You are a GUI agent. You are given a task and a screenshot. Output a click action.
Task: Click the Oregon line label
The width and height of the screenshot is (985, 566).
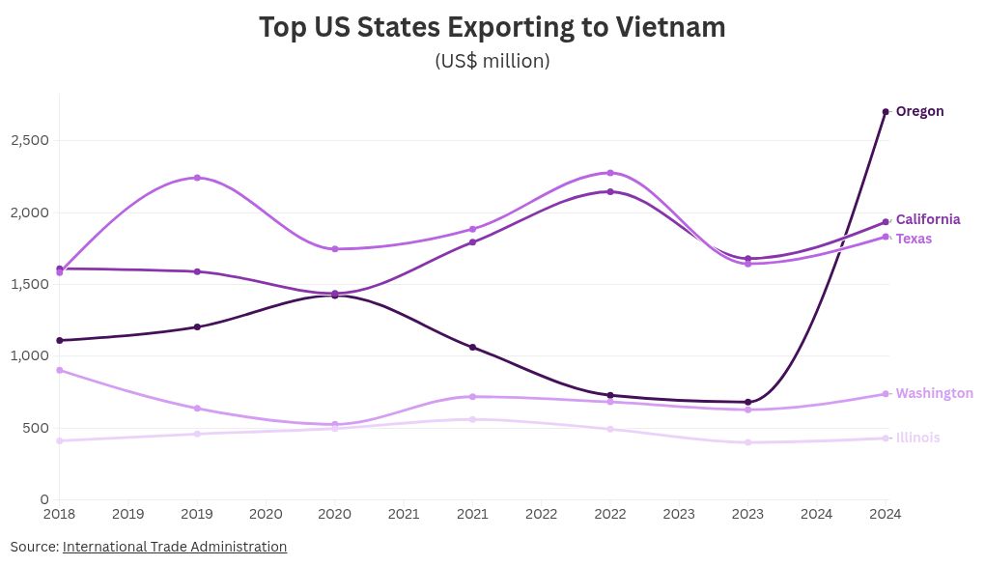[919, 111]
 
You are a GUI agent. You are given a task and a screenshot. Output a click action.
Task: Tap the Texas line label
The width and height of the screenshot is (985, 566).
[914, 239]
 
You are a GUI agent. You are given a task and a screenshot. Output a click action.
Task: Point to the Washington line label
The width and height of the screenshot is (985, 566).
[934, 393]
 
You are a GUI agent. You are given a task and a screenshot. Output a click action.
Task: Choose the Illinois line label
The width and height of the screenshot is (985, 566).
[917, 438]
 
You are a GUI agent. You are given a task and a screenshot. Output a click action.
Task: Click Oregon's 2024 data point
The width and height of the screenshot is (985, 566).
[886, 112]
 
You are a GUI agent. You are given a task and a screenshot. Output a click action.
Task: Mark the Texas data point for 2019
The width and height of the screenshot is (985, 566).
[197, 178]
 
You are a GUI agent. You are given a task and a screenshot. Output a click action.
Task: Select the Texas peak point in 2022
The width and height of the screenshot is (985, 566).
[610, 173]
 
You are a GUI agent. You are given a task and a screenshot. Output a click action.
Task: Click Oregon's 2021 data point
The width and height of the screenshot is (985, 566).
[472, 347]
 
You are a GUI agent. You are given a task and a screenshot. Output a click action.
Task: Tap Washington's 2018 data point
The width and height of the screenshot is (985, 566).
[60, 370]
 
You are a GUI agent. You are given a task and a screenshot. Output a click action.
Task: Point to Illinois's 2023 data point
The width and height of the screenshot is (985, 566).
[747, 442]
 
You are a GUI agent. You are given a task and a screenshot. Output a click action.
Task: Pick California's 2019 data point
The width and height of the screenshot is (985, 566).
[197, 271]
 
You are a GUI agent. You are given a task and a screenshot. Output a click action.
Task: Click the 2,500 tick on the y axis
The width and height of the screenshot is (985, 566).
[30, 141]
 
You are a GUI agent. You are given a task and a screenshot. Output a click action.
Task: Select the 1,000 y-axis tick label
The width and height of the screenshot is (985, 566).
[30, 355]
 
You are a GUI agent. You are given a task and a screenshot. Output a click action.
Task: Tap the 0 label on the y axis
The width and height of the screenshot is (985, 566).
[44, 499]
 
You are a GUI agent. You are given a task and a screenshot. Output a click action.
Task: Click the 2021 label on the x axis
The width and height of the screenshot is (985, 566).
[404, 515]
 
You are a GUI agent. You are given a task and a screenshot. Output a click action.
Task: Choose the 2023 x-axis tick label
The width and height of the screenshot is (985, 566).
[679, 515]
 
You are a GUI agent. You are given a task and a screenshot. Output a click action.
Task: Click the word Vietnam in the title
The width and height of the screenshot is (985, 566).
[668, 28]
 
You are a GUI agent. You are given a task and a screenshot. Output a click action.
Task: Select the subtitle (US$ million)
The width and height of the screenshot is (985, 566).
[492, 61]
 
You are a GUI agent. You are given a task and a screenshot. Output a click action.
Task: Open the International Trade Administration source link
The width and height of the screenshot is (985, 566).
[175, 547]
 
